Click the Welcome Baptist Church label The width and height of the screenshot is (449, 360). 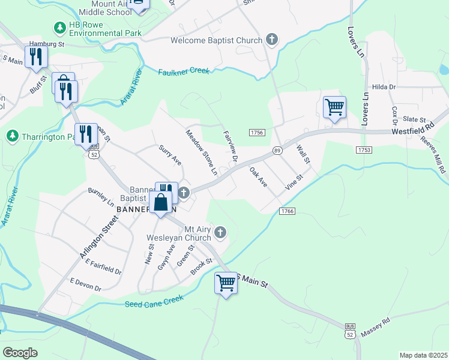click(216, 40)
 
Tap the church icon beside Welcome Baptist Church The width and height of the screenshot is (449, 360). click(272, 40)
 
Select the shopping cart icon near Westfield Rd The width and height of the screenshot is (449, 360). click(334, 107)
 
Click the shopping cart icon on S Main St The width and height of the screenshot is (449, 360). click(226, 282)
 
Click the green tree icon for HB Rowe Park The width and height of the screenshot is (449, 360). click(59, 28)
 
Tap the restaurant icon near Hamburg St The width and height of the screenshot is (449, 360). click(37, 56)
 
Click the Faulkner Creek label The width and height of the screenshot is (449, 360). click(184, 71)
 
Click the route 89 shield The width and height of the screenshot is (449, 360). click(277, 150)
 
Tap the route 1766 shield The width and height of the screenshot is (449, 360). click(287, 211)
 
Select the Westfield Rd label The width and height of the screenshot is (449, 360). click(412, 129)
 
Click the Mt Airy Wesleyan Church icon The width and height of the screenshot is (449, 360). click(220, 232)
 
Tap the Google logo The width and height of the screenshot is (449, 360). click(20, 353)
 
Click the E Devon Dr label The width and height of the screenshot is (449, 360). click(85, 285)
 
